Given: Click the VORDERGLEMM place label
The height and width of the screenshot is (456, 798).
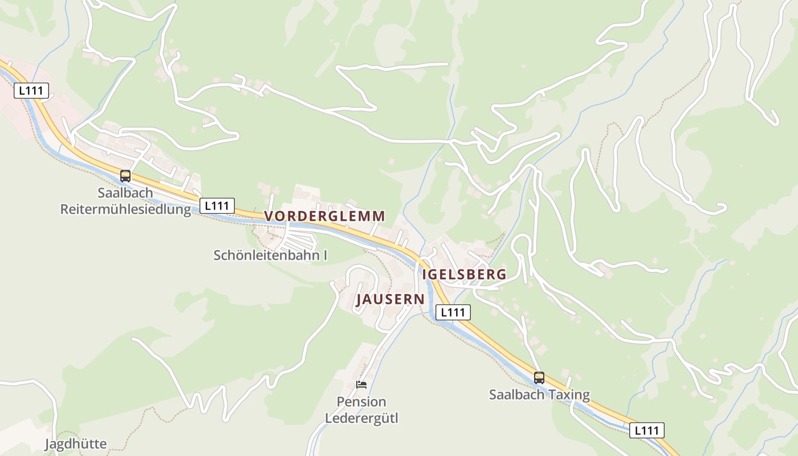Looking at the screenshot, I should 325,216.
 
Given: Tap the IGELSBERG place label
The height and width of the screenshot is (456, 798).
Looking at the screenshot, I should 464,274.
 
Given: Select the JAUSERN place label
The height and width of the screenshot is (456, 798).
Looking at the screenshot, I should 390,299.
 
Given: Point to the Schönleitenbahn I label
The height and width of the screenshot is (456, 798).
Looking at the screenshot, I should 270,255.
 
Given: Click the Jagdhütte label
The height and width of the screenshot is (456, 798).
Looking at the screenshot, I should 76,443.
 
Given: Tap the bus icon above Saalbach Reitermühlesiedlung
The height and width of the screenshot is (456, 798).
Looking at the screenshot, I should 125,176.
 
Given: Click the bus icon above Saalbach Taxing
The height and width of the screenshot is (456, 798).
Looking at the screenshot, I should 539,377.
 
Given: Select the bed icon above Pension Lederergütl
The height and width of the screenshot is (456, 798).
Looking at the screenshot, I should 361,385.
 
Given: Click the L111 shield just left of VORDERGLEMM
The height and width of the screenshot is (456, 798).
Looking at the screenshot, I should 217,206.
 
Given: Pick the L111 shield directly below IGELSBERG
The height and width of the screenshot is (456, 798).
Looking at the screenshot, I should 454,312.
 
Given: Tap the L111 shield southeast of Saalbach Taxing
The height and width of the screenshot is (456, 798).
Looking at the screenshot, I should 646,430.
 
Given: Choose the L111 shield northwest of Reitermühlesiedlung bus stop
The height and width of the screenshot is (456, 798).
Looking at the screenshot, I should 31,91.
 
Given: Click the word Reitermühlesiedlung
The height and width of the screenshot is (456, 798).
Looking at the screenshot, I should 125,209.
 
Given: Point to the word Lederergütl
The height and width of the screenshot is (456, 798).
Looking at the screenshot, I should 361,418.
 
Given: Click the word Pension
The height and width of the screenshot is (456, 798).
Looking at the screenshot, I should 361,402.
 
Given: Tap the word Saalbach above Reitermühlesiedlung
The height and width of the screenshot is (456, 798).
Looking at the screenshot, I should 125,193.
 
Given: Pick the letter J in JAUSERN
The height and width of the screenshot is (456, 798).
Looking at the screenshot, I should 360,300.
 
